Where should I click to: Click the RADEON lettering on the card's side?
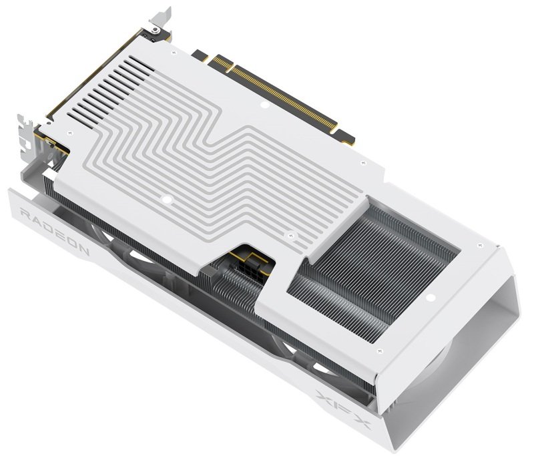pos(55,232)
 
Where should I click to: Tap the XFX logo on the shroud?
pos(343,409)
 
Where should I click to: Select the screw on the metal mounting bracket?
pos(155,31)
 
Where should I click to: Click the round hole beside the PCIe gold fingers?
pos(264,105)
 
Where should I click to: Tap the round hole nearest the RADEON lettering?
pos(166,200)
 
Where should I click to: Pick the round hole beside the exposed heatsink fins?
pos(431,298)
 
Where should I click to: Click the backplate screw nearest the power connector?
pos(290,235)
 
